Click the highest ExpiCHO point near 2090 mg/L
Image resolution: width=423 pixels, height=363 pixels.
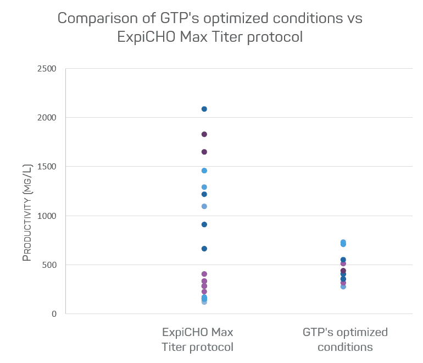pos(204,109)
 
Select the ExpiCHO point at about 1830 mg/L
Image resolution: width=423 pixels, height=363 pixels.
pos(204,134)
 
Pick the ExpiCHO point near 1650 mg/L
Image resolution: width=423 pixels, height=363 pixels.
pos(204,152)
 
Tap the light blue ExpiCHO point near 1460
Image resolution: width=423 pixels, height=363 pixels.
pos(204,170)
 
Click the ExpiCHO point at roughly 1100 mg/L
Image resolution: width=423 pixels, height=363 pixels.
pos(204,206)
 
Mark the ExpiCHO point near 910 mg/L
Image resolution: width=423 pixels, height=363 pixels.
pos(204,224)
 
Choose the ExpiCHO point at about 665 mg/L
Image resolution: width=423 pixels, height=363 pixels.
pos(204,249)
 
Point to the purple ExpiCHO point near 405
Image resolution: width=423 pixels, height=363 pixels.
pos(204,274)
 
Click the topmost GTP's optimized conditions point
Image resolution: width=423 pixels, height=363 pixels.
pos(343,242)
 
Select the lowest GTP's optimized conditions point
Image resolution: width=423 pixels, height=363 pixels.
pos(343,287)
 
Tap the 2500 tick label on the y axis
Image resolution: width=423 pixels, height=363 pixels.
pos(47,69)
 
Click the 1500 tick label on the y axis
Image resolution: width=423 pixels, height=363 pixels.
pos(47,167)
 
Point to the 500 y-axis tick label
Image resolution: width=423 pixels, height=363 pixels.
pos(49,265)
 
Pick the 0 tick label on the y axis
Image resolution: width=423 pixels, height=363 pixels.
pos(54,314)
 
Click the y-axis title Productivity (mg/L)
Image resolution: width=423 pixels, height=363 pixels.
pos(27,211)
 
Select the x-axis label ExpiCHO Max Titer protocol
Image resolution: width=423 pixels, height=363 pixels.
pos(197,340)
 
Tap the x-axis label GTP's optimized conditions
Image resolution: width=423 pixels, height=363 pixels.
pos(345,340)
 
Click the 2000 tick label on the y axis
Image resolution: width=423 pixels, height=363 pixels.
pos(47,118)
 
